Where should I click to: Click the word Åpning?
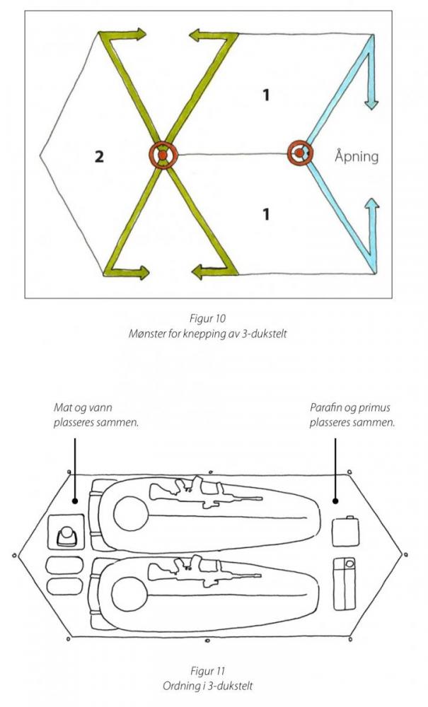pos(356,156)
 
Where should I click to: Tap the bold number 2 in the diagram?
pos(100,156)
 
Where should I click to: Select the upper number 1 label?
pos(266,95)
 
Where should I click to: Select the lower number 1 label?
pos(266,214)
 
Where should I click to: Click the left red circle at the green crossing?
pos(163,155)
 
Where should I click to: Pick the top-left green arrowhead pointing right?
pos(139,33)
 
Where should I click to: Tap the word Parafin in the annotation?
pos(326,408)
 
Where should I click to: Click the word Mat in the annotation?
pos(62,408)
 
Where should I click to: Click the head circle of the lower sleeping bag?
pos(127,592)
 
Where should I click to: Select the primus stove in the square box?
pos(67,535)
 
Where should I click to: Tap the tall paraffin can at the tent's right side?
pos(346,584)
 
